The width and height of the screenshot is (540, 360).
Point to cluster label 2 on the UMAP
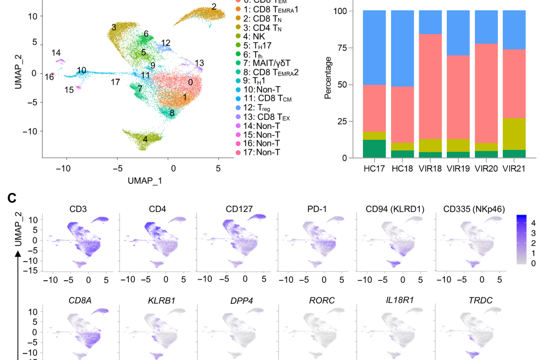point(214,7)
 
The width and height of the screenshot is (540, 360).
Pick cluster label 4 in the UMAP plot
point(145,139)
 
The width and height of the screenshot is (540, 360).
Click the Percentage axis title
point(328,78)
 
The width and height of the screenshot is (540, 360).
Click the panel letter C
point(13,199)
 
